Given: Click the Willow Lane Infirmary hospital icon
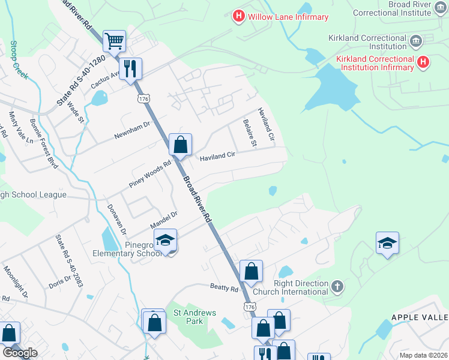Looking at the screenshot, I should point(239,16).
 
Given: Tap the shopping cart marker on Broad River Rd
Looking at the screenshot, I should point(114,41).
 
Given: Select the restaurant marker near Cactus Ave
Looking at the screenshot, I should point(130,68).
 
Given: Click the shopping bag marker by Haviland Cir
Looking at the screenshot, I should point(180,145).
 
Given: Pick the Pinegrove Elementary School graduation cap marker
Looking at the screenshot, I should point(165,241).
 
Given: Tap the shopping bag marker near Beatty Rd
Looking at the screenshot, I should point(251,271).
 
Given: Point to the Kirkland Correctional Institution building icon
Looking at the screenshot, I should point(415,41).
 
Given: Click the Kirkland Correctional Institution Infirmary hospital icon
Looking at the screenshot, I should point(423,62).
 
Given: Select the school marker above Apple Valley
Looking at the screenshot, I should point(387,243).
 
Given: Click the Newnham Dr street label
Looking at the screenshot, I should point(131,131).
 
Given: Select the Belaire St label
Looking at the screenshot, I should point(249,134).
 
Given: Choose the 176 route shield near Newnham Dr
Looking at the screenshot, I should point(143,98).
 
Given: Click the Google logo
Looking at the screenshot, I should point(20,352).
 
